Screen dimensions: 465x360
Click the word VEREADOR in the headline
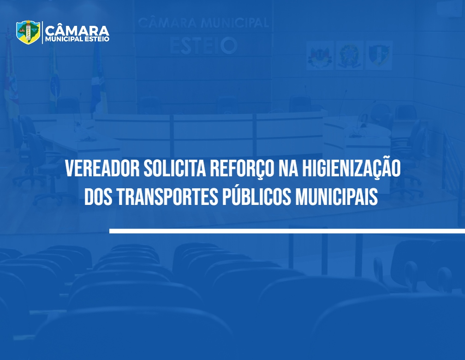pyautogui.click(x=102, y=168)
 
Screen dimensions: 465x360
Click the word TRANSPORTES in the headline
pyautogui.click(x=167, y=197)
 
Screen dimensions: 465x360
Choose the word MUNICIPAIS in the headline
pyautogui.click(x=337, y=197)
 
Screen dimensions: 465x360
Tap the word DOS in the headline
pyautogui.click(x=98, y=197)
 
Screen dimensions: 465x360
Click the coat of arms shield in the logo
pyautogui.click(x=28, y=32)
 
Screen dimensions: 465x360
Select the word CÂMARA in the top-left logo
pyautogui.click(x=77, y=30)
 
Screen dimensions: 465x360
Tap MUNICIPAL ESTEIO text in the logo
pyautogui.click(x=77, y=39)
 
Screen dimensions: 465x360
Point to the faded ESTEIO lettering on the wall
pyautogui.click(x=203, y=45)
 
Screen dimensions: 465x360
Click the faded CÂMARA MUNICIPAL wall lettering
pyautogui.click(x=203, y=23)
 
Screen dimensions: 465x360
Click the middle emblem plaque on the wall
pyautogui.click(x=349, y=55)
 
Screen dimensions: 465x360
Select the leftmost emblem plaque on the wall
pyautogui.click(x=320, y=55)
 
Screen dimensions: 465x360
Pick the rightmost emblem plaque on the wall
pyautogui.click(x=379, y=55)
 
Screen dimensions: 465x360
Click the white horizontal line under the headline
pyautogui.click(x=287, y=231)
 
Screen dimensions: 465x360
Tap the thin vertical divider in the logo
pyautogui.click(x=42, y=32)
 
